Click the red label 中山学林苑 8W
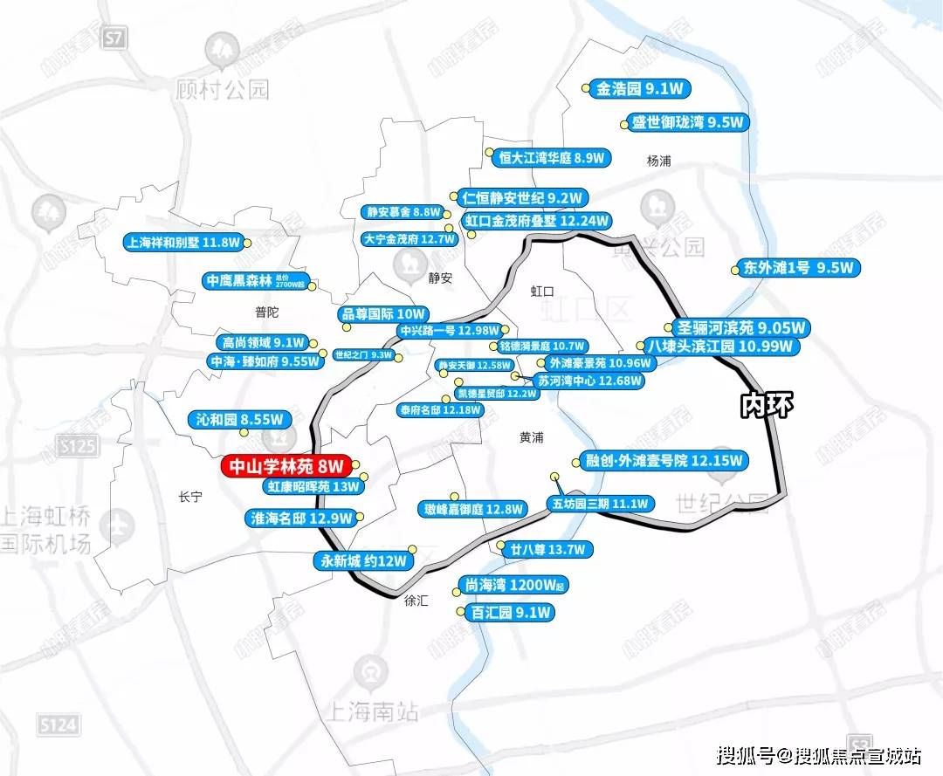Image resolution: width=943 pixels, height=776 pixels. coord(286,467)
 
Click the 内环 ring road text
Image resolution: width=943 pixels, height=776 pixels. coord(766,407)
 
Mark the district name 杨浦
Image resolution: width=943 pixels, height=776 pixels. coord(658,161)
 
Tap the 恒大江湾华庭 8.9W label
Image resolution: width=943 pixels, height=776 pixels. coord(553,158)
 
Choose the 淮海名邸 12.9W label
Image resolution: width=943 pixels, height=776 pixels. coord(301,518)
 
